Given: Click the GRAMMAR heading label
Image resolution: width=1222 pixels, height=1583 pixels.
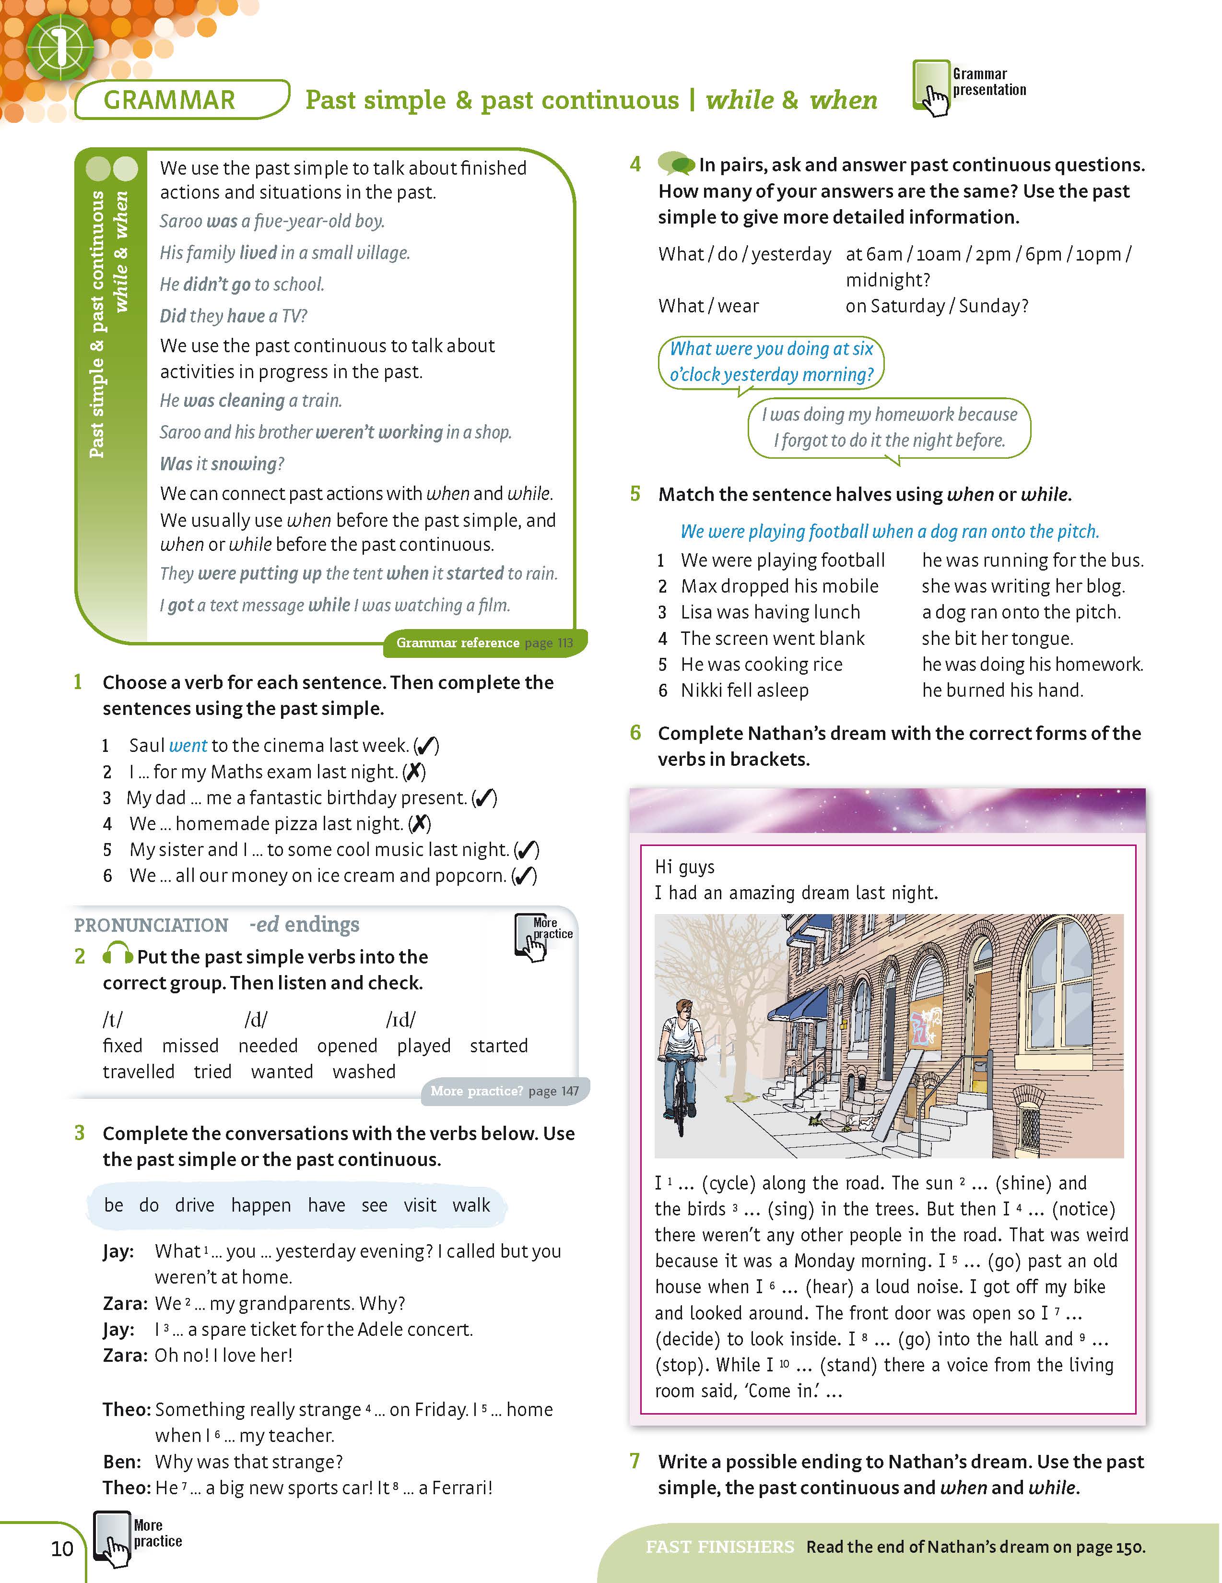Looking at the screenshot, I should pos(169,100).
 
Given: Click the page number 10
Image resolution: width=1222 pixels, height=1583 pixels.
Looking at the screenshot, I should pos(62,1549).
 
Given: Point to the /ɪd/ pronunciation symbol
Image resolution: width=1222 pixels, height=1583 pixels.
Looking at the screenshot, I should pos(400,1020).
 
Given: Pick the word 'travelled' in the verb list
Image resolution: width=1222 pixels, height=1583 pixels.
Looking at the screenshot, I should pos(138,1072).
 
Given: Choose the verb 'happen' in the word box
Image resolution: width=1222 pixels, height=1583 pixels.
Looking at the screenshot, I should pos(261,1205).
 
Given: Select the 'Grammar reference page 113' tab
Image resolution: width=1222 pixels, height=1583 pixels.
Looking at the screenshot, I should pos(484,643).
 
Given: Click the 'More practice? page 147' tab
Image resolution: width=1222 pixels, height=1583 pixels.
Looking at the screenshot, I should pos(505,1091).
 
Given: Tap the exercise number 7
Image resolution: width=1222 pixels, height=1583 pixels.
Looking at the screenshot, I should pos(635,1461).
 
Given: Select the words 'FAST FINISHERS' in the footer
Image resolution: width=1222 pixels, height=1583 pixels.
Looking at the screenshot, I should pos(719,1547).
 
